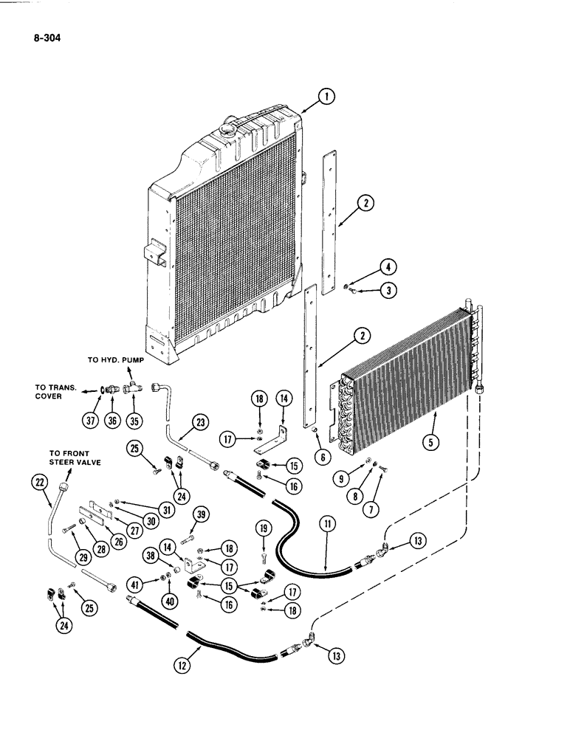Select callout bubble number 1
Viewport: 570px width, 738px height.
click(328, 94)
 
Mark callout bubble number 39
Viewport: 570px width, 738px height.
click(199, 514)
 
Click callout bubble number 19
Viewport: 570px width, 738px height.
click(265, 528)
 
